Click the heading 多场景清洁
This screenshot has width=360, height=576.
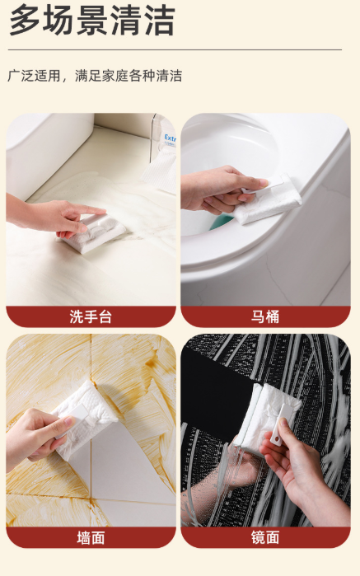(91, 21)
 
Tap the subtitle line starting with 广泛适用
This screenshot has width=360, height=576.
(95, 76)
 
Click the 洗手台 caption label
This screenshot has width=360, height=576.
(91, 316)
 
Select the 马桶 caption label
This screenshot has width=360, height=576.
(265, 316)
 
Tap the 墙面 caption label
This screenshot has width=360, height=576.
(91, 538)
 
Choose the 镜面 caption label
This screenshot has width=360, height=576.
(265, 538)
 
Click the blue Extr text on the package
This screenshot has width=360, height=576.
(170, 138)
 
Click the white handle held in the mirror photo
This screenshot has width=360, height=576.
(278, 426)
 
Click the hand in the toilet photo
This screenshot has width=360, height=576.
(221, 190)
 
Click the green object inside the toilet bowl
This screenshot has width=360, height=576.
(221, 222)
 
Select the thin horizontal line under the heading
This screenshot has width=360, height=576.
(175, 49)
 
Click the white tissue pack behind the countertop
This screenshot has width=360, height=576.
(161, 173)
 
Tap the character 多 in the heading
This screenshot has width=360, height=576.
(24, 21)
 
